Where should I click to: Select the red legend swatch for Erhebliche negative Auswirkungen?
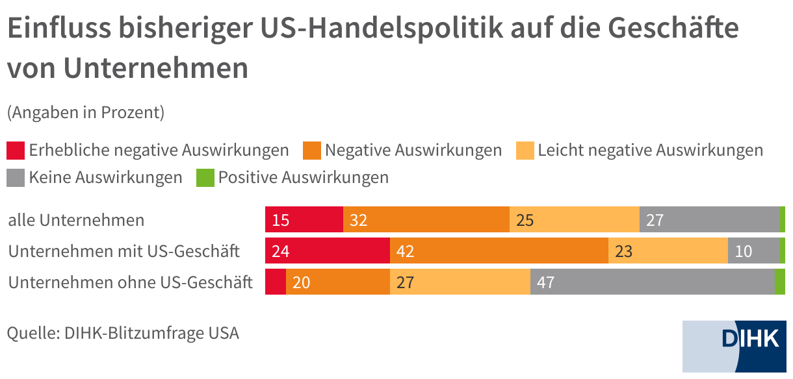point(16,151)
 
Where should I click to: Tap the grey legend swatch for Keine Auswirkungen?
point(16,177)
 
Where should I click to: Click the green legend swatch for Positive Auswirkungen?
point(205,177)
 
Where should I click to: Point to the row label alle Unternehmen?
point(76,220)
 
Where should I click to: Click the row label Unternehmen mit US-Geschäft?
point(124,251)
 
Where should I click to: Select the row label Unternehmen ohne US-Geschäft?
point(130,282)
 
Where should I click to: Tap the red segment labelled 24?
point(328,251)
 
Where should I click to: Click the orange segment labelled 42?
point(499,251)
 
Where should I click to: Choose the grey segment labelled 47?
point(652,282)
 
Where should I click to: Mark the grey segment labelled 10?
point(753,251)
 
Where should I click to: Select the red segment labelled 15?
point(304,220)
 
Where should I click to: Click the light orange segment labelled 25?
point(574,220)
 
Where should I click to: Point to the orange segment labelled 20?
point(337,282)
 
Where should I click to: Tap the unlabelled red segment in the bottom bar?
point(276,282)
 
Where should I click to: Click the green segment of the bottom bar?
point(779,282)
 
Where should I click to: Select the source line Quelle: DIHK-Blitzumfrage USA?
point(123,334)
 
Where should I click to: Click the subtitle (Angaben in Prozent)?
point(85,112)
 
